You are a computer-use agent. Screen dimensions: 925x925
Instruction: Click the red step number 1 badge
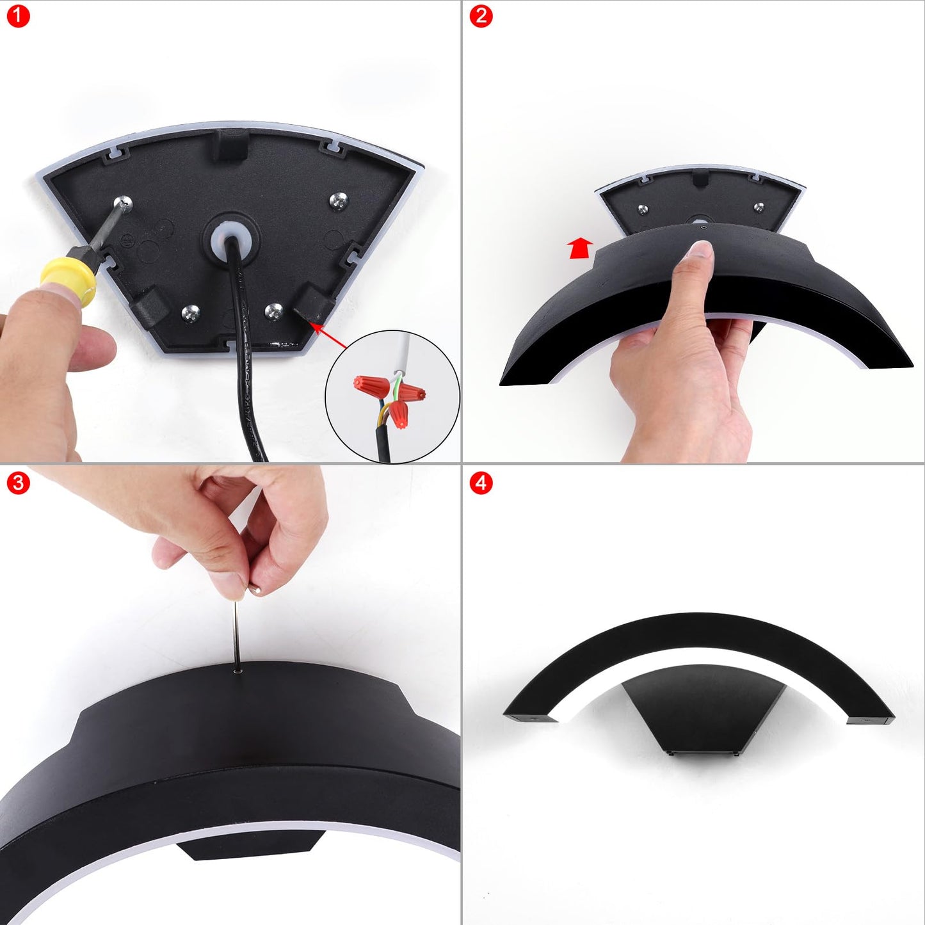point(18,17)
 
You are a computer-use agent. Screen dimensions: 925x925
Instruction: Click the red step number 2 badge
point(481,17)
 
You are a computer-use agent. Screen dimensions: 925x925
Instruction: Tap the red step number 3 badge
point(18,483)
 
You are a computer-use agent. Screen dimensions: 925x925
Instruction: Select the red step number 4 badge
point(481,483)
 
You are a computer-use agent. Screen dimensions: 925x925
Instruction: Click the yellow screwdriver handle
point(68,281)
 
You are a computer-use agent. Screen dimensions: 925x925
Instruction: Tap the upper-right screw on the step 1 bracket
point(339,201)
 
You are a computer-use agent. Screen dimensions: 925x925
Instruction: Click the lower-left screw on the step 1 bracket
point(191,314)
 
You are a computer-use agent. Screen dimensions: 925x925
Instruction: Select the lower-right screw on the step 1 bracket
point(274,312)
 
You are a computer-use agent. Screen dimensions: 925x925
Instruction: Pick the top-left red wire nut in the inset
point(371,385)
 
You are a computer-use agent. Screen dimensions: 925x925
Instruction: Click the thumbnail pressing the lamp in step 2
point(702,252)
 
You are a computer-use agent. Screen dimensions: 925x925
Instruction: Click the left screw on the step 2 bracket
point(642,209)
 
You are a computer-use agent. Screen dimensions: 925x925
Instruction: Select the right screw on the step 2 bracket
point(759,207)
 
